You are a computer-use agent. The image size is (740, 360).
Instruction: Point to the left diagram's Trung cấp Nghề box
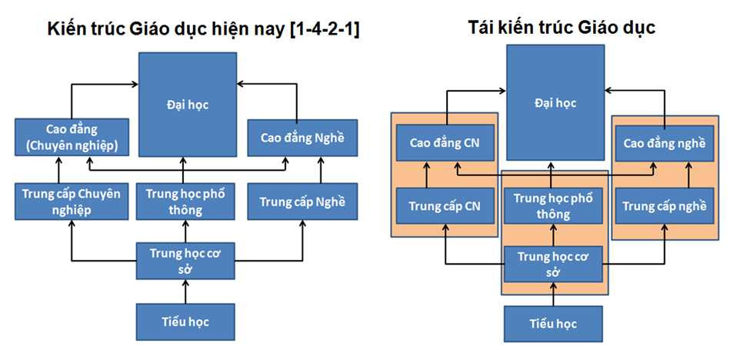[x=302, y=202]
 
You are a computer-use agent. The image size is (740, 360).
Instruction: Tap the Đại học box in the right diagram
[x=555, y=102]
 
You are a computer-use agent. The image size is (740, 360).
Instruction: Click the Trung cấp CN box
[x=445, y=205]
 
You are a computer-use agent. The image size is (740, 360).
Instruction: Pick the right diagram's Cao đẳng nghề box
[x=664, y=143]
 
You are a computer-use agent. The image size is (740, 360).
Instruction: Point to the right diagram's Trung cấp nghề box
[x=664, y=205]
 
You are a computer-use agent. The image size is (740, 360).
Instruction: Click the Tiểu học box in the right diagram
[x=553, y=323]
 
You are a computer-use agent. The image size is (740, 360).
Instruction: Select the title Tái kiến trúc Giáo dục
[x=562, y=28]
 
